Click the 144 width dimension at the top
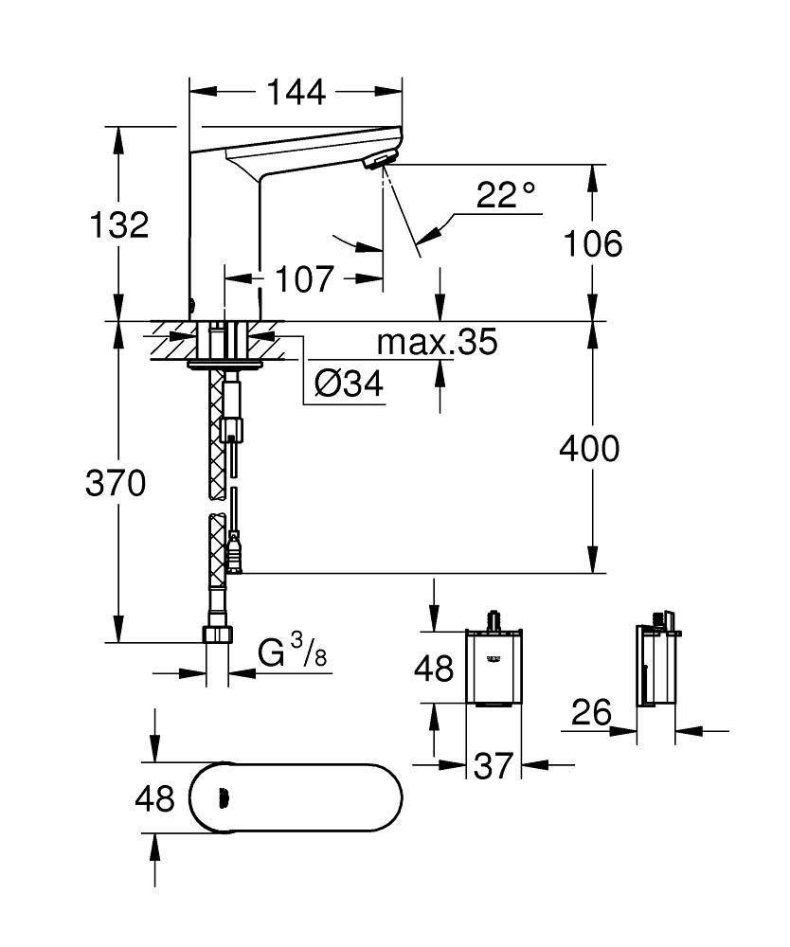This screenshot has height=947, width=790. pyautogui.click(x=296, y=93)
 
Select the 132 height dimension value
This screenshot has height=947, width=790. pyautogui.click(x=119, y=224)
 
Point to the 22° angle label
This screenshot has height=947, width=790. pyautogui.click(x=506, y=194)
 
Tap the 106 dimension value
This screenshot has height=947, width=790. pyautogui.click(x=593, y=244)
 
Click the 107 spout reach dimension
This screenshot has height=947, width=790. pyautogui.click(x=304, y=278)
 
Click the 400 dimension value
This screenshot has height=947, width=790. pyautogui.click(x=589, y=449)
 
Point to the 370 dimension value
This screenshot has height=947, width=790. pyautogui.click(x=116, y=483)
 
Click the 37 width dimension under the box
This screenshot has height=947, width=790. pyautogui.click(x=493, y=765)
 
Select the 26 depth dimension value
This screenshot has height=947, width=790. pyautogui.click(x=591, y=713)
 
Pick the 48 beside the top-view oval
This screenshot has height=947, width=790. pyautogui.click(x=154, y=798)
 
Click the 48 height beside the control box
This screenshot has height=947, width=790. pyautogui.click(x=434, y=669)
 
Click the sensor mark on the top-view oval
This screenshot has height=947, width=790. pyautogui.click(x=224, y=798)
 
